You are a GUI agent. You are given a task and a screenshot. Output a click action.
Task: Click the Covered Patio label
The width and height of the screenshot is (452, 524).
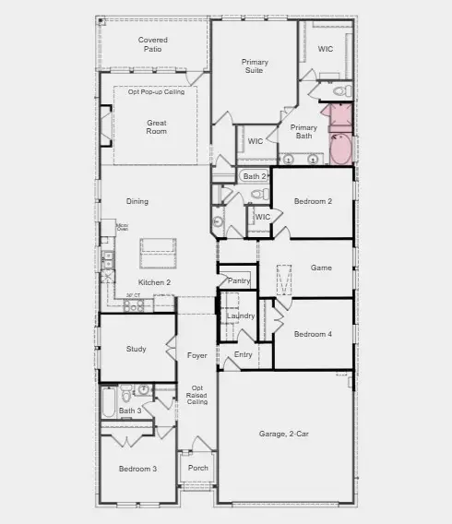tap(153, 45)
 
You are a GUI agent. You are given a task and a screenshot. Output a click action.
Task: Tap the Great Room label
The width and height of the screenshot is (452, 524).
tap(156, 126)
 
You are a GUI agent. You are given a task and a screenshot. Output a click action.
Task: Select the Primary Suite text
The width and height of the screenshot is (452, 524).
tap(255, 66)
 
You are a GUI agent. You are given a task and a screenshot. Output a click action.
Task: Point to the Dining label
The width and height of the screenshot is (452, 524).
tap(137, 201)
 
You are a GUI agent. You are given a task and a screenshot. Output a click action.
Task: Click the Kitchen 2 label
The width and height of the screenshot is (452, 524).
tap(155, 281)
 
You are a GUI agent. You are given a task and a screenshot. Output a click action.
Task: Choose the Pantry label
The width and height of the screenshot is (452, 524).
tap(238, 280)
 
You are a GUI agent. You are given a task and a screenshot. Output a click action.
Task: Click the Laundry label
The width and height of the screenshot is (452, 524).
tap(241, 316)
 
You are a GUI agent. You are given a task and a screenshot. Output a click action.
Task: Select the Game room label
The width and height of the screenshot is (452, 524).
tap(320, 268)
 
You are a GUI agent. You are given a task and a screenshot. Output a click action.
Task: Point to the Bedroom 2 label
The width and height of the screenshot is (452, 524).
tap(313, 201)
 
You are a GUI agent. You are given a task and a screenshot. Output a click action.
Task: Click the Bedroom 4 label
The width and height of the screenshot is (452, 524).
tap(313, 334)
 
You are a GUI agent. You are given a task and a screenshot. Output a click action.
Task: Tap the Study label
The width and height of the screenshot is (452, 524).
tap(137, 349)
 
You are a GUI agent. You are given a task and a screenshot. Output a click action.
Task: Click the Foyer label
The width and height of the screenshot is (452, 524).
tap(196, 355)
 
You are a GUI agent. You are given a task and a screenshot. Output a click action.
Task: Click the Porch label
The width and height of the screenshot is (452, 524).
tap(197, 468)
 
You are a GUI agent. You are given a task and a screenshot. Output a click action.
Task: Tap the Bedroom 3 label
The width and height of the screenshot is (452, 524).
tap(137, 469)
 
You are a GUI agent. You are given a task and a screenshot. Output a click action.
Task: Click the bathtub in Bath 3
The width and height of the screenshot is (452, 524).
tap(107, 404)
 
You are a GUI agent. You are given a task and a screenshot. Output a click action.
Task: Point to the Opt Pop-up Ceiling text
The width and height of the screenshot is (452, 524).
tap(156, 92)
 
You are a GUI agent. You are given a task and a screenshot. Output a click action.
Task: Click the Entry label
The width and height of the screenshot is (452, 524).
tap(243, 354)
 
